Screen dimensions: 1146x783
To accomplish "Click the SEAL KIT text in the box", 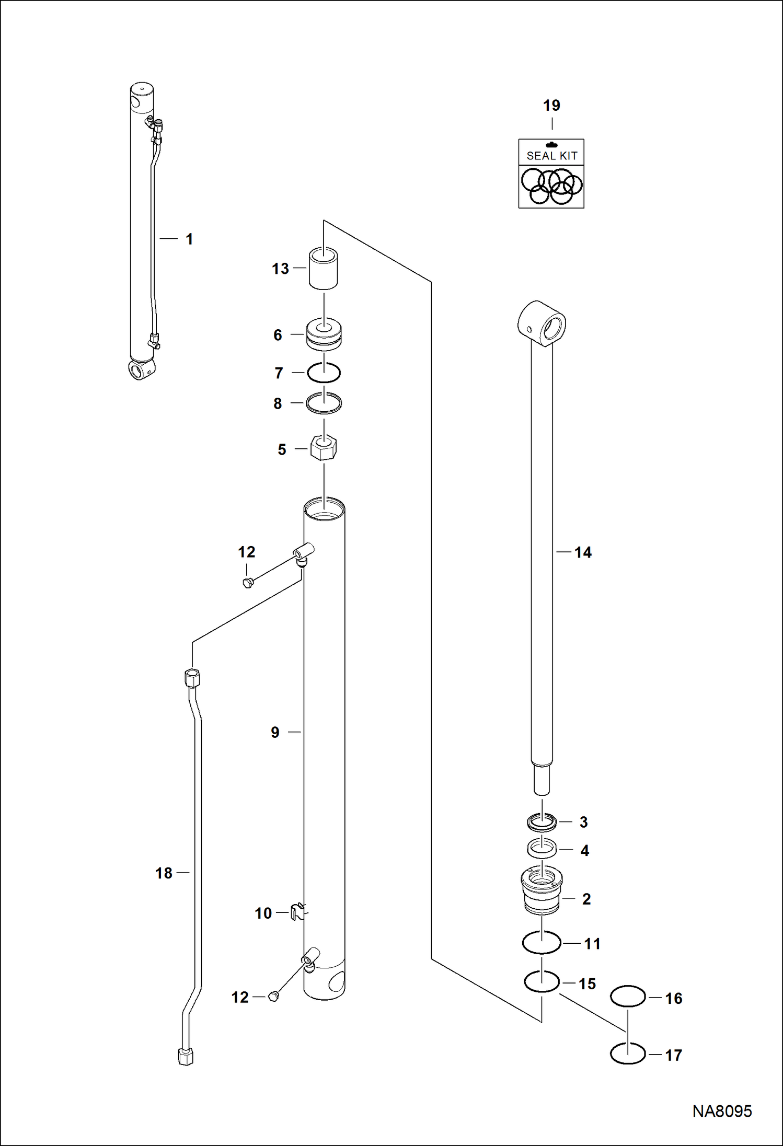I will [x=551, y=156].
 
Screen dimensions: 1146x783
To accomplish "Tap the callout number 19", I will [x=551, y=106].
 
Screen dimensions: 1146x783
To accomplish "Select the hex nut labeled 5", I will [x=323, y=448].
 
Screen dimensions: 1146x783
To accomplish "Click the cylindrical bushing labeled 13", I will [x=323, y=269].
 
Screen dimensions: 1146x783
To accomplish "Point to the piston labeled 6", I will [x=324, y=334].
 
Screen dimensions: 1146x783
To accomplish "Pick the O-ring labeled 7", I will [x=324, y=373].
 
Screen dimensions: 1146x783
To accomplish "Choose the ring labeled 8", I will [x=324, y=403].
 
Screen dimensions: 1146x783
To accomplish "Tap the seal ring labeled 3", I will [x=542, y=822].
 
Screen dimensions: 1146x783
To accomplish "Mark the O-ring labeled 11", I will [x=542, y=943].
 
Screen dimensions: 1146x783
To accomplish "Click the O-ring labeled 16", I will [x=628, y=996].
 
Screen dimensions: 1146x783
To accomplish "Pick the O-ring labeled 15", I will [x=542, y=981].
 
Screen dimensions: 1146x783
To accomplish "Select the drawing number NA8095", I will [x=722, y=1112].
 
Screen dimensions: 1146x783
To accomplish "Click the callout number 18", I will [x=164, y=873].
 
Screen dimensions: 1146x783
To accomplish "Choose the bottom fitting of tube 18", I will [x=186, y=1057].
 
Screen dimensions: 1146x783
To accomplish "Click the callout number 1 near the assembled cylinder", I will [x=189, y=239].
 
